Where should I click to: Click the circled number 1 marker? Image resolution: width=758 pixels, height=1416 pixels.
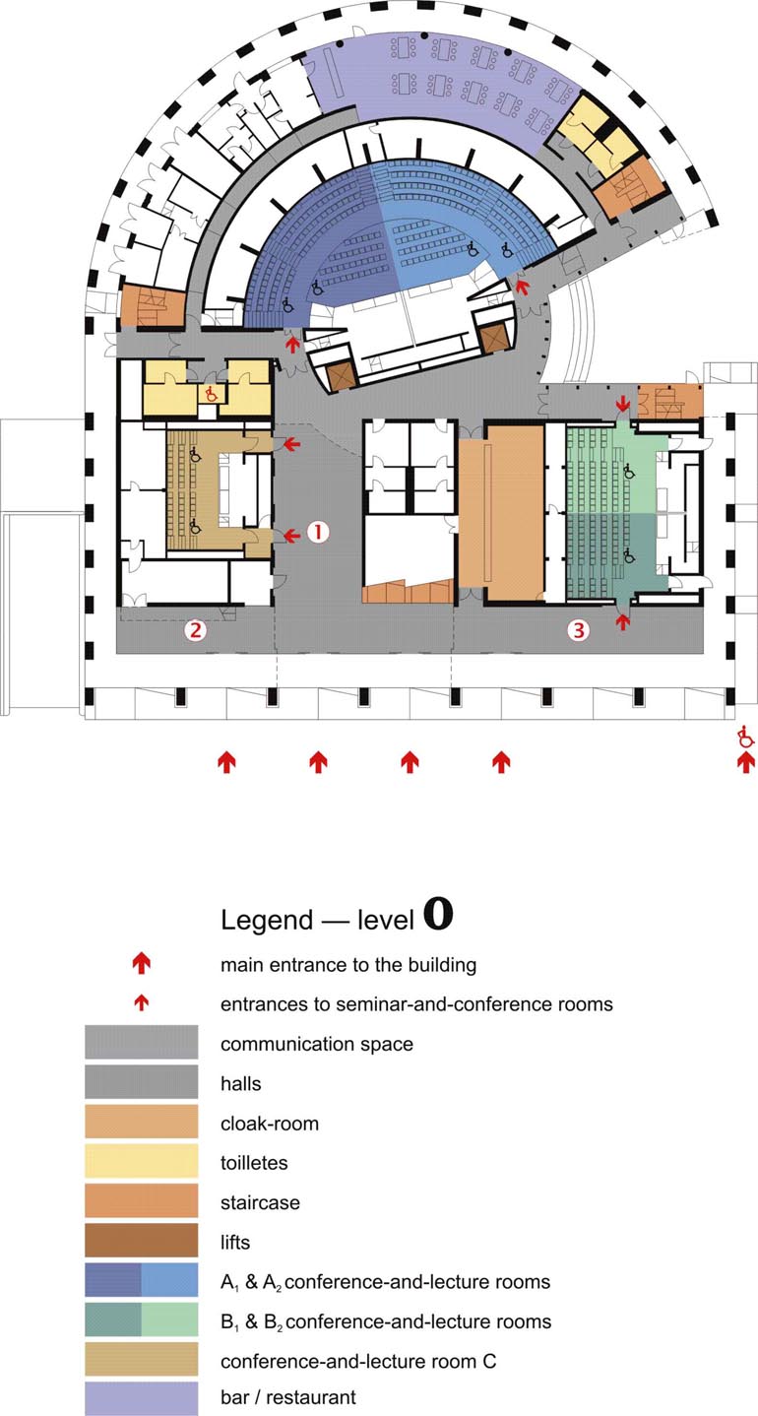pos(317,532)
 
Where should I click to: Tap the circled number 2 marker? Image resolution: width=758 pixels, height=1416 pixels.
pos(196,630)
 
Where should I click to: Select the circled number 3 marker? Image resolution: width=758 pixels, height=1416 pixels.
pos(578,630)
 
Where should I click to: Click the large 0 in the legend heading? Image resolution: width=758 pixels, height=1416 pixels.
pos(438,915)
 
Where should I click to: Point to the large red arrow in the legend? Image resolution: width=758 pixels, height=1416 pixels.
pos(142,963)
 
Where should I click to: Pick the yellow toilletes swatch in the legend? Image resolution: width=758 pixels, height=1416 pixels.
pos(141,1162)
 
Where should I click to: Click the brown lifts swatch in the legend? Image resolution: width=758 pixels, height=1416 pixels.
pos(141,1242)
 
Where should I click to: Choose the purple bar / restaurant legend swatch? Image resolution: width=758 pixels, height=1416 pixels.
pos(141,1396)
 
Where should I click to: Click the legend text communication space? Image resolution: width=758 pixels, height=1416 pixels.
pos(316,1043)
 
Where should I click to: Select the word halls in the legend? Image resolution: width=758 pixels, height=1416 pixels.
pos(241,1083)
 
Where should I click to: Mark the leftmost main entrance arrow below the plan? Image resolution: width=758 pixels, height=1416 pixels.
pos(226,761)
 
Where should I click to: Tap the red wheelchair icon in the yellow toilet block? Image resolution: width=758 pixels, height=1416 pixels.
pos(209,392)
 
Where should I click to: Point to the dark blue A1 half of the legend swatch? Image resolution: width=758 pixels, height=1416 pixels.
pos(112,1281)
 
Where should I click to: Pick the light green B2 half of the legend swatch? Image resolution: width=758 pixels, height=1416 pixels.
pos(169,1320)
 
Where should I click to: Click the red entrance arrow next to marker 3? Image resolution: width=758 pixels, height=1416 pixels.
pos(621,618)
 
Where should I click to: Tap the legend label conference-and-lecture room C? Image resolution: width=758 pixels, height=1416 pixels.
pos(358,1361)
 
